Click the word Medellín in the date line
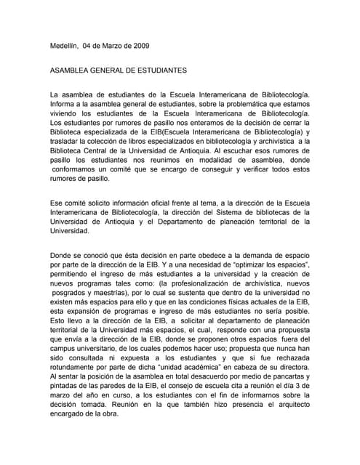pyautogui.click(x=64, y=46)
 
